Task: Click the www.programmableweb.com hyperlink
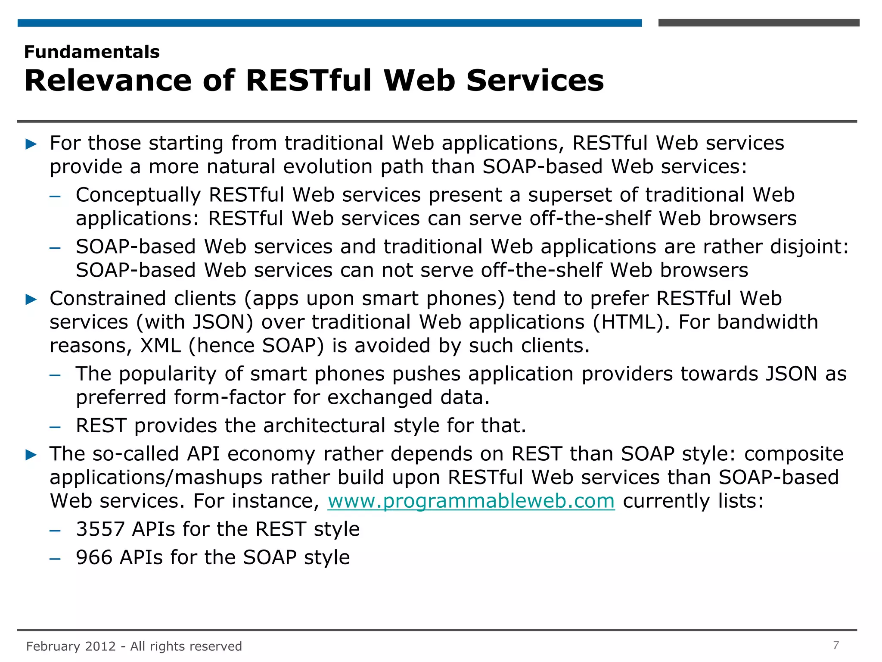pyautogui.click(x=471, y=501)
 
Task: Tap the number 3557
pyautogui.click(x=100, y=529)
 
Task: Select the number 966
pyautogui.click(x=94, y=557)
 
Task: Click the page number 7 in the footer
pyautogui.click(x=836, y=645)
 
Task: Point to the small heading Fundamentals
pyautogui.click(x=92, y=52)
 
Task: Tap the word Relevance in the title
pyautogui.click(x=108, y=81)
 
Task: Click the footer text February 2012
pyautogui.click(x=71, y=646)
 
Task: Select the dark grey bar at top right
pyautogui.click(x=758, y=23)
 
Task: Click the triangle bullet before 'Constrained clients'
pyautogui.click(x=31, y=299)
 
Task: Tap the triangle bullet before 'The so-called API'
pyautogui.click(x=31, y=454)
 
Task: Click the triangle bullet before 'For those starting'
pyautogui.click(x=31, y=144)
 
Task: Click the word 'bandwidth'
pyautogui.click(x=767, y=322)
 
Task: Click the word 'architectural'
pyautogui.click(x=324, y=426)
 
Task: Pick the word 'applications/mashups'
pyautogui.click(x=156, y=478)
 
